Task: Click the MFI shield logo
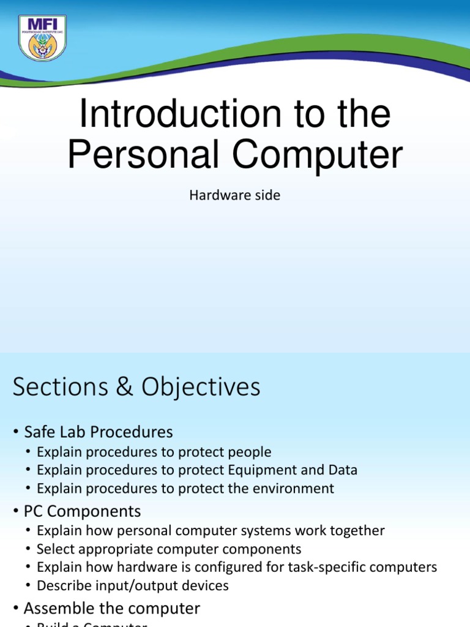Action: pyautogui.click(x=42, y=38)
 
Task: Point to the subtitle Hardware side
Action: pyautogui.click(x=234, y=196)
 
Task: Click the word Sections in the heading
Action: pyautogui.click(x=63, y=387)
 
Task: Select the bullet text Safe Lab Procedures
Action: pyautogui.click(x=99, y=432)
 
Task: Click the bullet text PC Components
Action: pyautogui.click(x=83, y=511)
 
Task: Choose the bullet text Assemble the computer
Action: pyautogui.click(x=112, y=609)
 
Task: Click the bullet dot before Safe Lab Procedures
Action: pyautogui.click(x=15, y=433)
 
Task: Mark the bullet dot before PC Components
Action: pyautogui.click(x=15, y=512)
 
